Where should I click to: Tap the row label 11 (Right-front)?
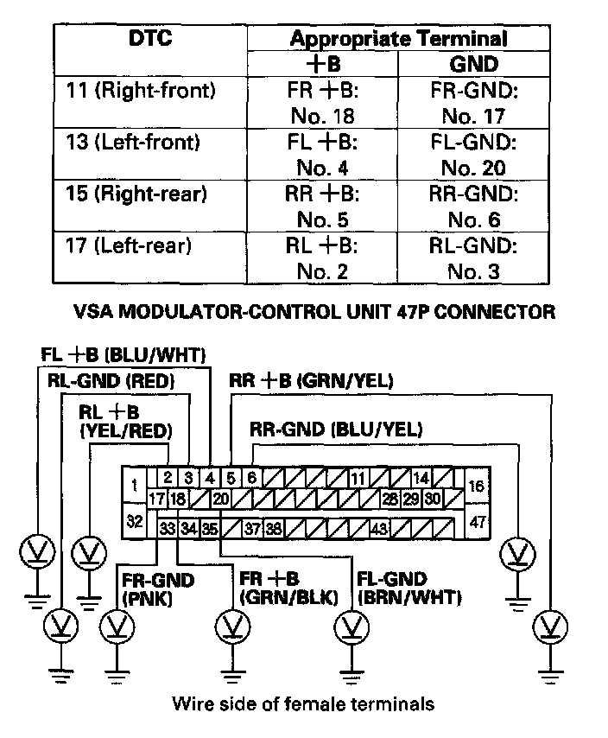pyautogui.click(x=141, y=89)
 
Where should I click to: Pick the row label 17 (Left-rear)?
pyautogui.click(x=128, y=246)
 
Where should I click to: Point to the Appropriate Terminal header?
pyautogui.click(x=397, y=39)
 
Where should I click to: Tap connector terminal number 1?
pyautogui.click(x=134, y=486)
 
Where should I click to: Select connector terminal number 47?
pyautogui.click(x=478, y=522)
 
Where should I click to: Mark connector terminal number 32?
pyautogui.click(x=134, y=521)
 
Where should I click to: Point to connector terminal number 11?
pyautogui.click(x=358, y=477)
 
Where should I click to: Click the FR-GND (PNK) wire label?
pyautogui.click(x=145, y=588)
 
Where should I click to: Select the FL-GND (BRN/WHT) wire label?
pyautogui.click(x=407, y=588)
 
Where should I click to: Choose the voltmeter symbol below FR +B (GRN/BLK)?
pyautogui.click(x=232, y=623)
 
